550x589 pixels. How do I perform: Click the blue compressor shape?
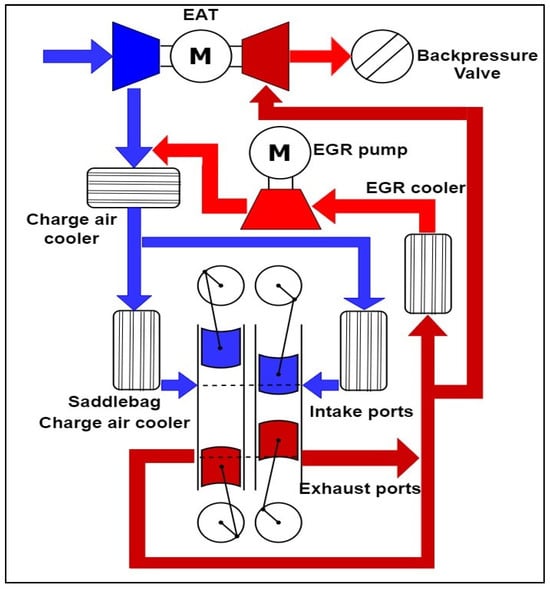point(136,56)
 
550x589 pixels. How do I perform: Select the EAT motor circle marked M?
point(201,56)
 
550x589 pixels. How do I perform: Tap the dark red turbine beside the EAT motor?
point(266,56)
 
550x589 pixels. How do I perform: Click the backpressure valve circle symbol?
point(382,56)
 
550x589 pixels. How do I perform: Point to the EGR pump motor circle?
point(280,152)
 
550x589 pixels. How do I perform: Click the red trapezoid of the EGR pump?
point(281,209)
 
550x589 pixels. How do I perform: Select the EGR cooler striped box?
point(428,273)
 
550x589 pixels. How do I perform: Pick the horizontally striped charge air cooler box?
point(133,188)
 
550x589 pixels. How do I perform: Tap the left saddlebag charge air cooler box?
point(136,350)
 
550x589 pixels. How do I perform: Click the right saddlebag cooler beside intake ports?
point(364,351)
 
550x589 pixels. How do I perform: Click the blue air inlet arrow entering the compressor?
point(77,56)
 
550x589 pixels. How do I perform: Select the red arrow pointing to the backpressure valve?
point(320,56)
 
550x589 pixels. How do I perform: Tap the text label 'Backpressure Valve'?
point(477,64)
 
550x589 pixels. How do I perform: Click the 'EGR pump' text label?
point(361,150)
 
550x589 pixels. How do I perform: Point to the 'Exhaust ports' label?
point(360,489)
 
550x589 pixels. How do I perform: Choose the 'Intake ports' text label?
point(361,412)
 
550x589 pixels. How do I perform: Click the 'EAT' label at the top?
point(201,15)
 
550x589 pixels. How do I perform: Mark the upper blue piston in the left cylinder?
point(221,348)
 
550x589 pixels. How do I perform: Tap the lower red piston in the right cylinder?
point(279,440)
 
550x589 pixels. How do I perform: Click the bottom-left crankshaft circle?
point(221,523)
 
